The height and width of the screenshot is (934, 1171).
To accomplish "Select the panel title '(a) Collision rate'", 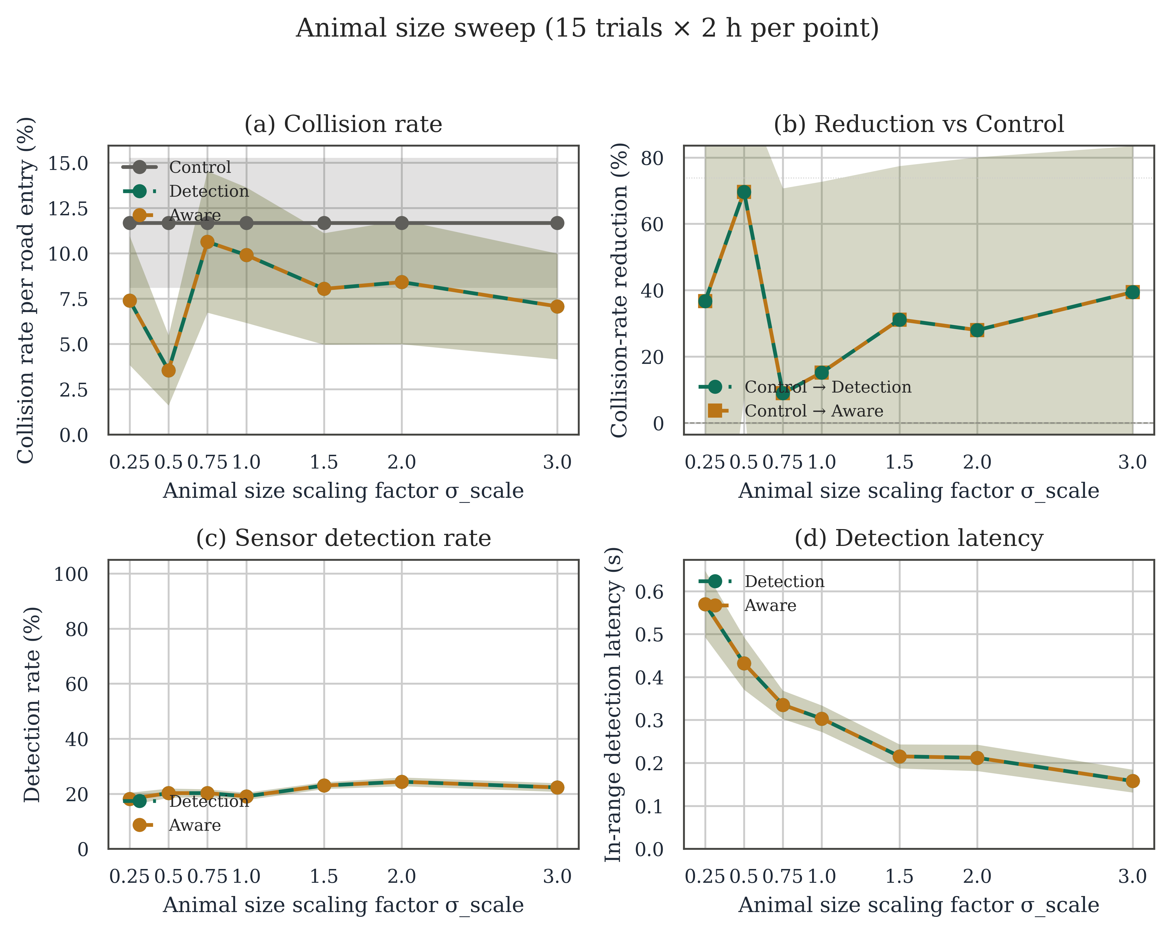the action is (x=343, y=124).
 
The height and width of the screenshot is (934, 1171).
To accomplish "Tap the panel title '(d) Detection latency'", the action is (x=919, y=538).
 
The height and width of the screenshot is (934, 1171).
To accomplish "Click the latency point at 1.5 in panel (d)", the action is (x=900, y=756).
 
